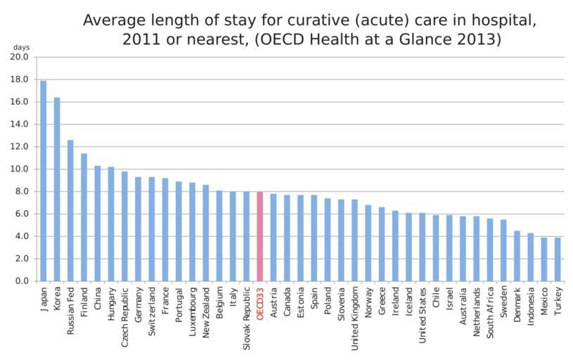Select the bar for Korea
pyautogui.click(x=57, y=190)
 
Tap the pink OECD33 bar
pyautogui.click(x=260, y=236)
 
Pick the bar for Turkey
pyautogui.click(x=558, y=259)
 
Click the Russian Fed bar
pyautogui.click(x=70, y=211)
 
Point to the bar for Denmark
pyautogui.click(x=517, y=256)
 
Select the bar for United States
pyautogui.click(x=422, y=247)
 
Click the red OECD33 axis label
pyautogui.click(x=260, y=304)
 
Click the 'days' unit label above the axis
pyautogui.click(x=20, y=47)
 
